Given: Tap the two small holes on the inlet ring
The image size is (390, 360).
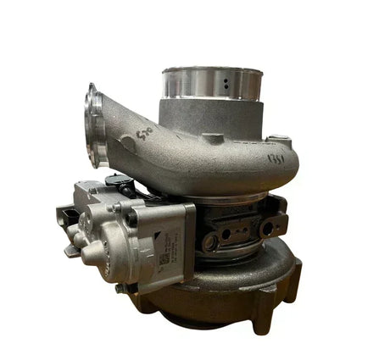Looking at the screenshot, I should click(228, 86).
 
